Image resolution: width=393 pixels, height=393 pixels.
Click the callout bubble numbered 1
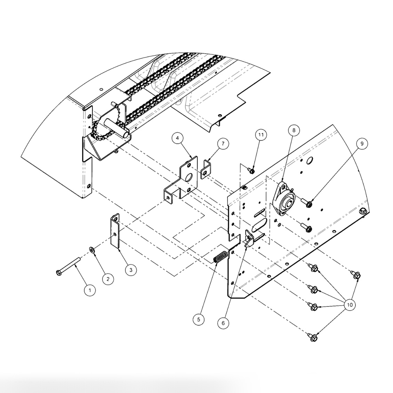[x=90, y=290]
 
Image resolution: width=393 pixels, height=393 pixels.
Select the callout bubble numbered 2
[x=108, y=278]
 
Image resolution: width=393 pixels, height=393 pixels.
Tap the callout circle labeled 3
[x=131, y=270]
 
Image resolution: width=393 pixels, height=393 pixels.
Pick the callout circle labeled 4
[x=178, y=138]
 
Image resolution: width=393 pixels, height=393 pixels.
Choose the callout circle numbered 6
[x=223, y=323]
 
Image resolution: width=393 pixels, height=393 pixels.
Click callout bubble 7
[x=223, y=143]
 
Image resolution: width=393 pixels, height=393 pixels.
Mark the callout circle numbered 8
[x=294, y=130]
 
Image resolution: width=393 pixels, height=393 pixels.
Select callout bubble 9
[x=362, y=143]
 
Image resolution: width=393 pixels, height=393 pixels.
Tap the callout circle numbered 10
[x=350, y=305]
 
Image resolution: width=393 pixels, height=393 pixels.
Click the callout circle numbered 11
[x=261, y=135]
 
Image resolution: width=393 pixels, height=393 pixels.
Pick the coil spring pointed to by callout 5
[x=220, y=258]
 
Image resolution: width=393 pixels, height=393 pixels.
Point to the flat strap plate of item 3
[x=115, y=231]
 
